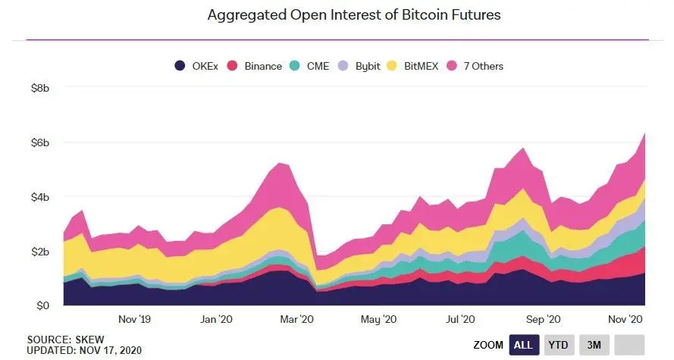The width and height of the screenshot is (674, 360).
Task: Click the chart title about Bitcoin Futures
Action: click(354, 15)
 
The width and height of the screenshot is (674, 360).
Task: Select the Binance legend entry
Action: click(255, 66)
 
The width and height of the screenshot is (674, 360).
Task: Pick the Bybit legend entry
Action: click(360, 66)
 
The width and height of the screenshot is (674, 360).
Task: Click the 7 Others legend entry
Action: click(476, 66)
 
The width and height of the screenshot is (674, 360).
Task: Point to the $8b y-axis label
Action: click(39, 89)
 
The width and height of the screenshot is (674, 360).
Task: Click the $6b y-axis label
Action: click(39, 142)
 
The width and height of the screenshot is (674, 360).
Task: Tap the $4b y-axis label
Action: click(39, 197)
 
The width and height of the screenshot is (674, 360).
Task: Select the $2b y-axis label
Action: click(39, 252)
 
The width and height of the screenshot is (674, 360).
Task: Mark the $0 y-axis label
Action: click(42, 305)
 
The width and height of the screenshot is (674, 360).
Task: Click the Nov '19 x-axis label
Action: click(134, 319)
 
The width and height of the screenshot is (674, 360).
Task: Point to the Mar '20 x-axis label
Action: click(298, 319)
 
